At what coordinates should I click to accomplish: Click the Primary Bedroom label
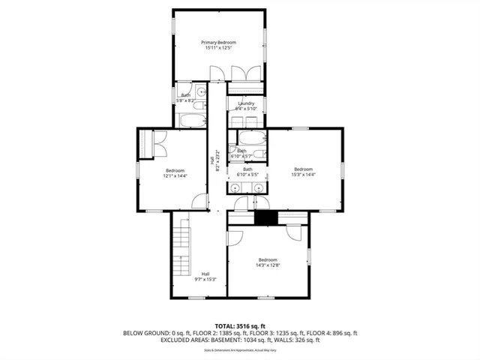tap(219, 42)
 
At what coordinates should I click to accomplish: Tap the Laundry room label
tap(246, 103)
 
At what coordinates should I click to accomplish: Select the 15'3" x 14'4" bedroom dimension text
tap(303, 174)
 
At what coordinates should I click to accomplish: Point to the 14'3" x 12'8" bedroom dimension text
tap(268, 265)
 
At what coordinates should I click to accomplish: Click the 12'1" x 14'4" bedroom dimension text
tap(175, 175)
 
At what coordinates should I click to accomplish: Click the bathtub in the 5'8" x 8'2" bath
tap(190, 120)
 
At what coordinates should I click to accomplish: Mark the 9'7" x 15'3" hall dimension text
tap(205, 279)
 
